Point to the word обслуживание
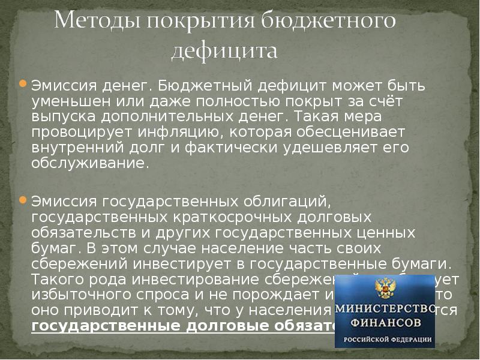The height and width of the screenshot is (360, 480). (x=90, y=163)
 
